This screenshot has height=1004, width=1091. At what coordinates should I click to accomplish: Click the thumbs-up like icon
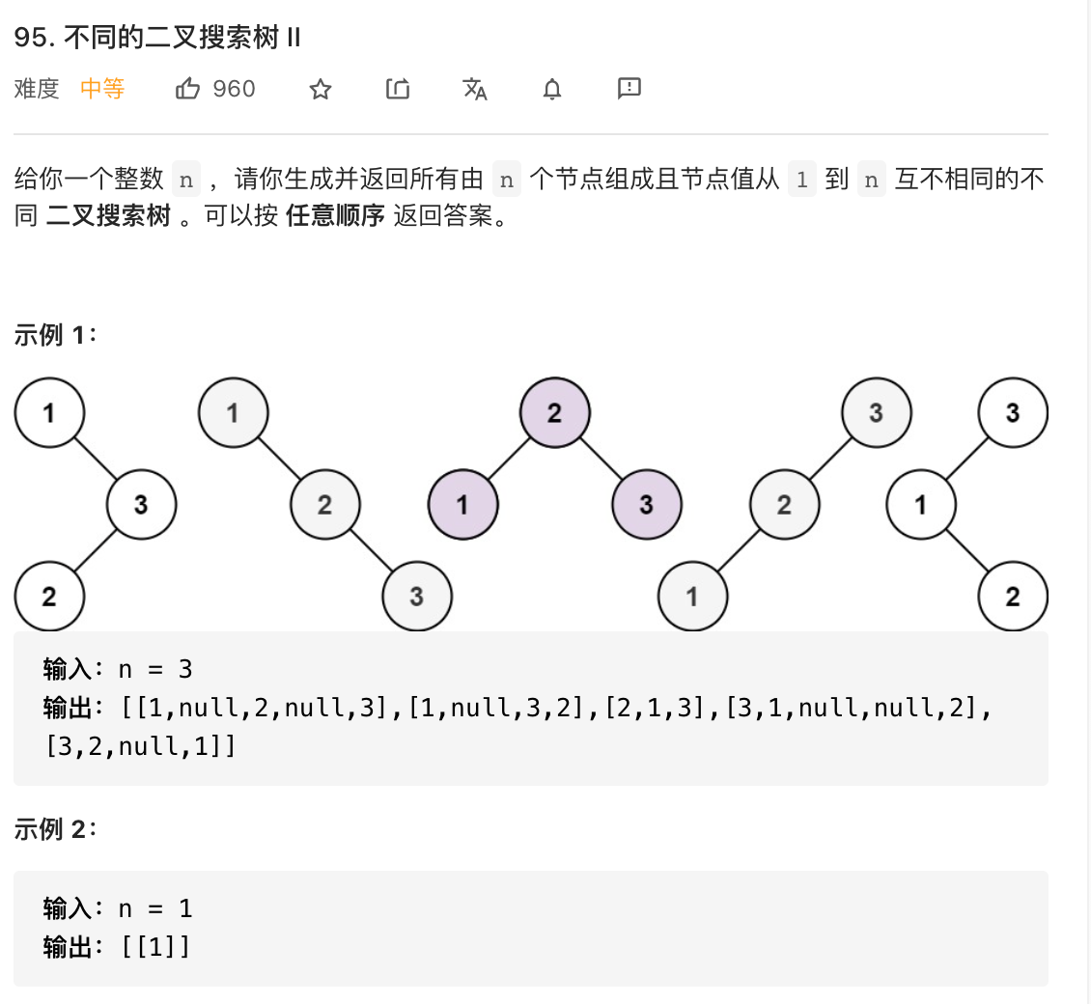[x=187, y=90]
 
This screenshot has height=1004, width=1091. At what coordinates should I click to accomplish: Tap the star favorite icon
[x=321, y=90]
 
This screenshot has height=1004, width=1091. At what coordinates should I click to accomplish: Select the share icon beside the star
[x=398, y=90]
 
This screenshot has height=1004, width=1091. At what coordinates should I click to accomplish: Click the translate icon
[x=475, y=90]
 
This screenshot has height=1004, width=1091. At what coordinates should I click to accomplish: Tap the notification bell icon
[x=552, y=90]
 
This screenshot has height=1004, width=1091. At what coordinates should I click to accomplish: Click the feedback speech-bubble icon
[x=629, y=89]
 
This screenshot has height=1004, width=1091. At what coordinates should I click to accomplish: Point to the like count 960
[x=234, y=90]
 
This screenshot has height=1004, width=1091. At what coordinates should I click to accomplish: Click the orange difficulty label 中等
[x=102, y=90]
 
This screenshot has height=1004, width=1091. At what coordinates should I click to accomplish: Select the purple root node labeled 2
[x=554, y=413]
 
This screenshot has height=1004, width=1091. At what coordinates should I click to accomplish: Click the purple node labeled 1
[x=462, y=504]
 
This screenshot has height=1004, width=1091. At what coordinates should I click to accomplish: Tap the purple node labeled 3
[x=646, y=504]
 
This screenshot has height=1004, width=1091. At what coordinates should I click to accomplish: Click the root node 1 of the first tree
[x=49, y=413]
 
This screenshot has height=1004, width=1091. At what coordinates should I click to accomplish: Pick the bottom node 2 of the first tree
[x=49, y=596]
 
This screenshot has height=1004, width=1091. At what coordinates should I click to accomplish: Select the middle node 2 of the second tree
[x=324, y=504]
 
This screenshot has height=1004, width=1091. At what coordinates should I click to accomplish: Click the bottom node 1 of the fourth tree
[x=692, y=596]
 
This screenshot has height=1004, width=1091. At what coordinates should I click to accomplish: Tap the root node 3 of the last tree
[x=1013, y=413]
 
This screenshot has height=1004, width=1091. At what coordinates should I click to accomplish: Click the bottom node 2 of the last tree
[x=1013, y=596]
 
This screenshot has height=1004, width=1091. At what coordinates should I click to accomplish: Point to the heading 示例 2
[x=54, y=829]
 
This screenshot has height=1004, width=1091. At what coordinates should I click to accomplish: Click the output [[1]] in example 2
[x=156, y=947]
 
